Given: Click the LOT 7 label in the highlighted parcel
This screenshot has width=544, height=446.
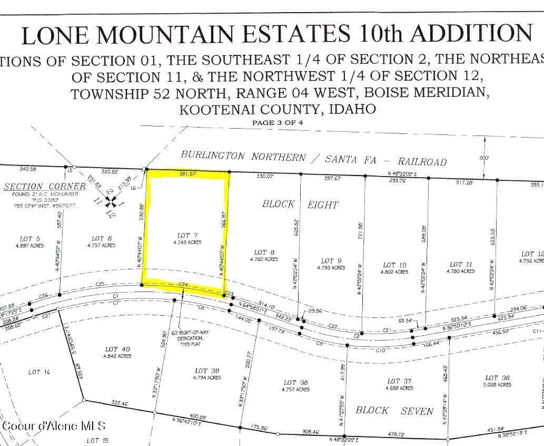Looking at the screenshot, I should tap(184, 235).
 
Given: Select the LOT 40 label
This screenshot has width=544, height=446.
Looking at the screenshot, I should tap(118, 349).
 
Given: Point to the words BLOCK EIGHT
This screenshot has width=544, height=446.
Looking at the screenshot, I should tap(300, 204).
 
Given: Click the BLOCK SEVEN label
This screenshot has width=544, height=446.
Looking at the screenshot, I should tap(394, 410).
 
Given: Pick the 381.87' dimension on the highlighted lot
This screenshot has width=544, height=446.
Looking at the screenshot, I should tap(187, 173).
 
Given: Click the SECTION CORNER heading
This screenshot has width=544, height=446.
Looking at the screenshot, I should tap(45, 186).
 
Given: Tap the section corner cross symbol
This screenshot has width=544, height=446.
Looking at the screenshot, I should tap(111, 201).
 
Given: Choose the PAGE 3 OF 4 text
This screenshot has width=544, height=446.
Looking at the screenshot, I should tap(278, 123).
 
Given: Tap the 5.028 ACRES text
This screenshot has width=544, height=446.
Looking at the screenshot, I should tap(498, 385).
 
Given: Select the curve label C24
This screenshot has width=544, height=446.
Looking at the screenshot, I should tap(184, 284).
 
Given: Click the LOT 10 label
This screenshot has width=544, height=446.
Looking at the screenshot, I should tap(394, 265).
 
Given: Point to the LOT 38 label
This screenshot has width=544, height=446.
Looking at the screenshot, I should tap(296, 383).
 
